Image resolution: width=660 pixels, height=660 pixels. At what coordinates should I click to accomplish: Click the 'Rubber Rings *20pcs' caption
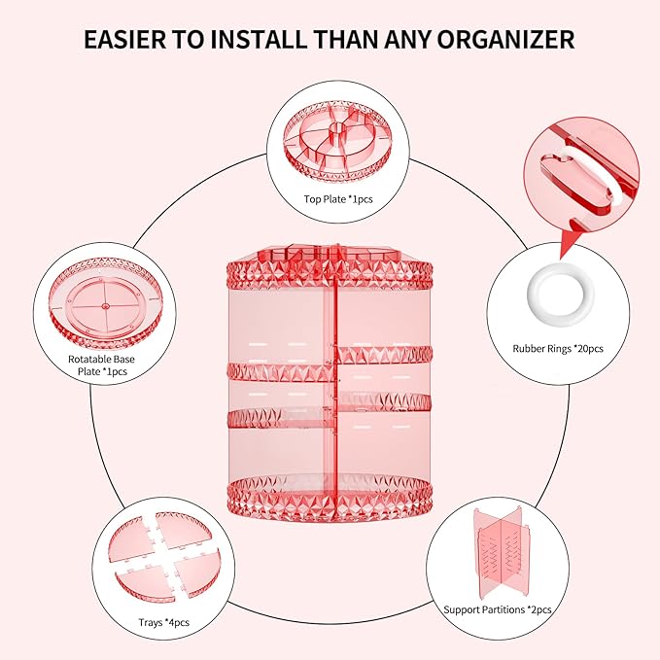pyautogui.click(x=557, y=347)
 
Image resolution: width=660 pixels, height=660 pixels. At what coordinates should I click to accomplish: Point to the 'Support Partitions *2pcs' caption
pyautogui.click(x=499, y=609)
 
